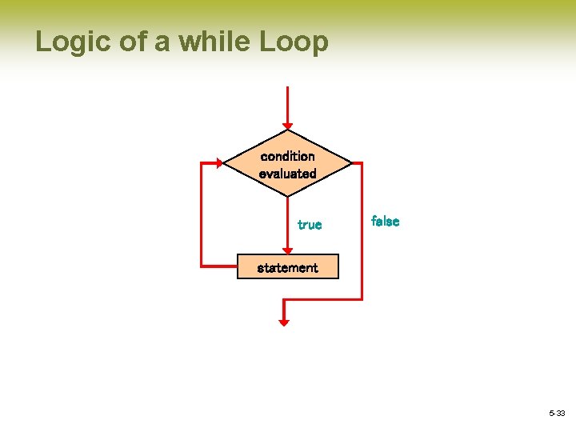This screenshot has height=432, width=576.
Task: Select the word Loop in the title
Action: [294, 42]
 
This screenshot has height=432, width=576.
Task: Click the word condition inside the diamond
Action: [287, 156]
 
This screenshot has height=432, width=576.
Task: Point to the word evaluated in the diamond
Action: [287, 174]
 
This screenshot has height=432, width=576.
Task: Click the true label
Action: [310, 225]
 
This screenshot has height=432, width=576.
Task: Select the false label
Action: [385, 222]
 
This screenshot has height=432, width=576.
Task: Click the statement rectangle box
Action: [287, 267]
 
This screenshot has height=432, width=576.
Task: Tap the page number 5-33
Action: [556, 413]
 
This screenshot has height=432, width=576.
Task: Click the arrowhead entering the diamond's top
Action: [287, 126]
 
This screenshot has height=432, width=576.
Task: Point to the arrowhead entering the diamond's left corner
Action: [218, 162]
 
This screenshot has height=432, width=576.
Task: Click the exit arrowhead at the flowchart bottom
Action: [283, 321]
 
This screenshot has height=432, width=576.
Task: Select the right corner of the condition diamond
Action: [350, 163]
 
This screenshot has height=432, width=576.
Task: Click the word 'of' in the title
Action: [133, 42]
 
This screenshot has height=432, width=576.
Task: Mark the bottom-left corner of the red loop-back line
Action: [201, 265]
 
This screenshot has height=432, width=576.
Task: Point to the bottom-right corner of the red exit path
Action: [362, 299]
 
